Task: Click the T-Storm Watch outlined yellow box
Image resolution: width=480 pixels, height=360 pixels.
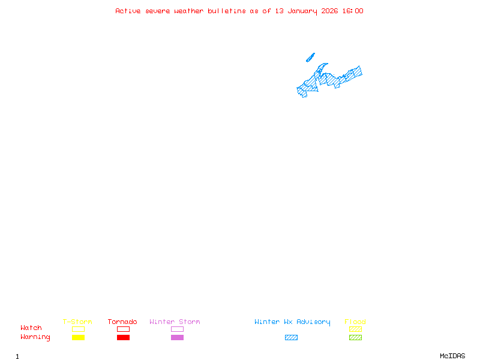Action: [78, 329]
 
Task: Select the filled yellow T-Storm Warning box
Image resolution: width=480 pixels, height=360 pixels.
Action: [78, 337]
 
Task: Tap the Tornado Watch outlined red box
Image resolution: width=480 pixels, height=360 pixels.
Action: [123, 329]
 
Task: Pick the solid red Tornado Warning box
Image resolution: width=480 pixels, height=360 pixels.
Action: [123, 337]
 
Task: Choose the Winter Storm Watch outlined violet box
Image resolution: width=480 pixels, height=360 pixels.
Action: [177, 329]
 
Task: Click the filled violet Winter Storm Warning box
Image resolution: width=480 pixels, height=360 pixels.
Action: [177, 337]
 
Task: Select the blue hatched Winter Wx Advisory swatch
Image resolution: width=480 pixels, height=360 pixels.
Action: [291, 337]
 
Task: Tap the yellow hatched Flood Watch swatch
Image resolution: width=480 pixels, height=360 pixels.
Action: [355, 329]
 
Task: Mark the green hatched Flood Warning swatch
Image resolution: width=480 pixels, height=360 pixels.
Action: [355, 337]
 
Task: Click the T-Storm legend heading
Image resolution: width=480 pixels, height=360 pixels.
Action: [77, 322]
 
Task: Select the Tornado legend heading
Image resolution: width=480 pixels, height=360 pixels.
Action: [122, 322]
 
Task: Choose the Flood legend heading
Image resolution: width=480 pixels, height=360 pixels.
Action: [355, 322]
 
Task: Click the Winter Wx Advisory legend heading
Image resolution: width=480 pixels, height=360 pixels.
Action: [292, 322]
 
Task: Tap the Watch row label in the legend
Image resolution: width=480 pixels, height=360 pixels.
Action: [31, 328]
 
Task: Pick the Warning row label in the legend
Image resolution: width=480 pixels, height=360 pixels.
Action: [35, 337]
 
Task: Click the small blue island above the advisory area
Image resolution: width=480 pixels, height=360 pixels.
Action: [310, 58]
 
